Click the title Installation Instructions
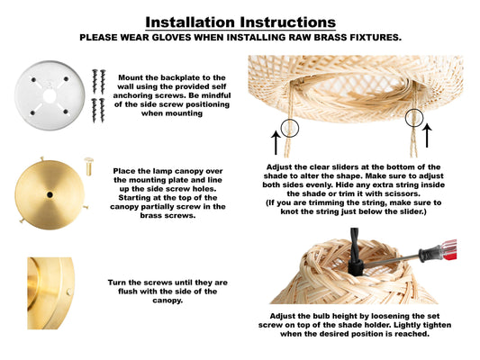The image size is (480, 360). pyautogui.click(x=240, y=22)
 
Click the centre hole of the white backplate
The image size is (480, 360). pyautogui.click(x=50, y=96)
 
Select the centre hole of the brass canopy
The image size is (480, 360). pyautogui.click(x=50, y=194)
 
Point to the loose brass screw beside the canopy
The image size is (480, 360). pyautogui.click(x=88, y=166)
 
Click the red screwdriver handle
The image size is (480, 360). pyautogui.click(x=448, y=250)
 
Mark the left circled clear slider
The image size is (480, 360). pyautogui.click(x=289, y=128)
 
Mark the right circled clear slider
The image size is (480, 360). pyautogui.click(x=414, y=118)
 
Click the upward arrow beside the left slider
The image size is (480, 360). pyautogui.click(x=276, y=143)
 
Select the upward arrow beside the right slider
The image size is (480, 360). pyautogui.click(x=427, y=135)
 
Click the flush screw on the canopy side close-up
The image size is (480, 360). pyautogui.click(x=69, y=292)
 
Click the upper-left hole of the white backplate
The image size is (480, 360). pyautogui.click(x=33, y=80)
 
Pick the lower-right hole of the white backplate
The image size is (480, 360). pyautogui.click(x=66, y=112)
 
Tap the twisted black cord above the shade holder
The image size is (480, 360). pyautogui.click(x=355, y=244)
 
